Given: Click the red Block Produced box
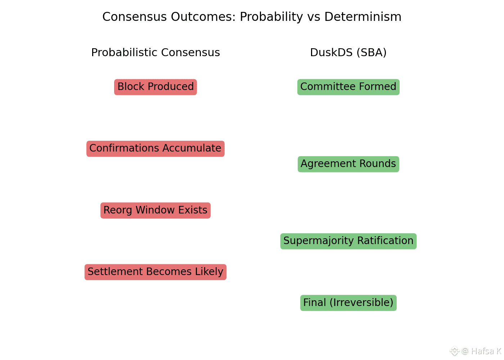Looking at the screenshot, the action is (x=156, y=87).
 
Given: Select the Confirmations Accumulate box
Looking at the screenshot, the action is (x=156, y=149).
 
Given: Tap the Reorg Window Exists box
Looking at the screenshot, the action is (x=156, y=210).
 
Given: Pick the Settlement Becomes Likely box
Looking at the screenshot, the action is (x=156, y=272).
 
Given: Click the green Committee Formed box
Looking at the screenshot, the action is (x=348, y=87).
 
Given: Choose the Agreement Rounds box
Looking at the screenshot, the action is (x=348, y=164).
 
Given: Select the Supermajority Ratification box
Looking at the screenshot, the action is (x=348, y=241).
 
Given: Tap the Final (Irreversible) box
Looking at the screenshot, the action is (x=348, y=303).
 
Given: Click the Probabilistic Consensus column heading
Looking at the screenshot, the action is (x=156, y=53).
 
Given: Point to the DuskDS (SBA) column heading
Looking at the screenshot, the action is (x=348, y=53).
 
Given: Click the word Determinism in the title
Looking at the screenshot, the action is (x=363, y=17).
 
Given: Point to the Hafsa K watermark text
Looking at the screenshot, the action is (x=486, y=351).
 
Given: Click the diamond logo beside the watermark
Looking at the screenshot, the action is (x=454, y=351).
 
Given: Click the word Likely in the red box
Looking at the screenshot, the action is (x=209, y=272).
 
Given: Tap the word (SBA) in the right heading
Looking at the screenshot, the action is (x=372, y=53).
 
